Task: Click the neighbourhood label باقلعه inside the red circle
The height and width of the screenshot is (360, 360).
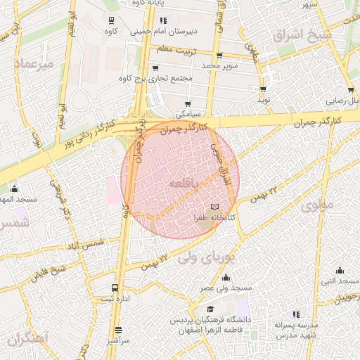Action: coord(184,183)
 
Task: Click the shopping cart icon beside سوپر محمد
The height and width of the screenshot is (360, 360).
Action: coord(220,56)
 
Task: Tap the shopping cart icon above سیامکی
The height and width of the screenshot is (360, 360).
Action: coord(187,103)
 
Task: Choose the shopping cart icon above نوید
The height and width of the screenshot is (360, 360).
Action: coord(263,90)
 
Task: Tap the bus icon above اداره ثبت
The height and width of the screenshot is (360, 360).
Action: coord(115,288)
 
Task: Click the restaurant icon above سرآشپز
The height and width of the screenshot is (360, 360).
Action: coord(117,329)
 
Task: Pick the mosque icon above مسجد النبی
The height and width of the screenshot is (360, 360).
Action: coord(340,271)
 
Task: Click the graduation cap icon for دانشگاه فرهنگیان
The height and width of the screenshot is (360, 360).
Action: coord(210,309)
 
